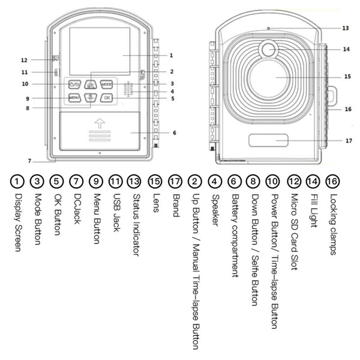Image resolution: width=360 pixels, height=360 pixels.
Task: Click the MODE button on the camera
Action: [106, 85]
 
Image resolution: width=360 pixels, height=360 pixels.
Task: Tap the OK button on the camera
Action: [106, 98]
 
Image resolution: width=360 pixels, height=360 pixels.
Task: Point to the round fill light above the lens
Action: [268, 49]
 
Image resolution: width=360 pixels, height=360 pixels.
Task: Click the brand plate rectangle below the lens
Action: [268, 141]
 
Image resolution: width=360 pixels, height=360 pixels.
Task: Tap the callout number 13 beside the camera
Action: [345, 28]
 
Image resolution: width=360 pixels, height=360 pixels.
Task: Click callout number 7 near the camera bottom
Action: [29, 161]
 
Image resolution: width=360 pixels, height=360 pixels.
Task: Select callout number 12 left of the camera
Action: [24, 60]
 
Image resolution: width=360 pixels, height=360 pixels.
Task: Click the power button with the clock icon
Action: [75, 85]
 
